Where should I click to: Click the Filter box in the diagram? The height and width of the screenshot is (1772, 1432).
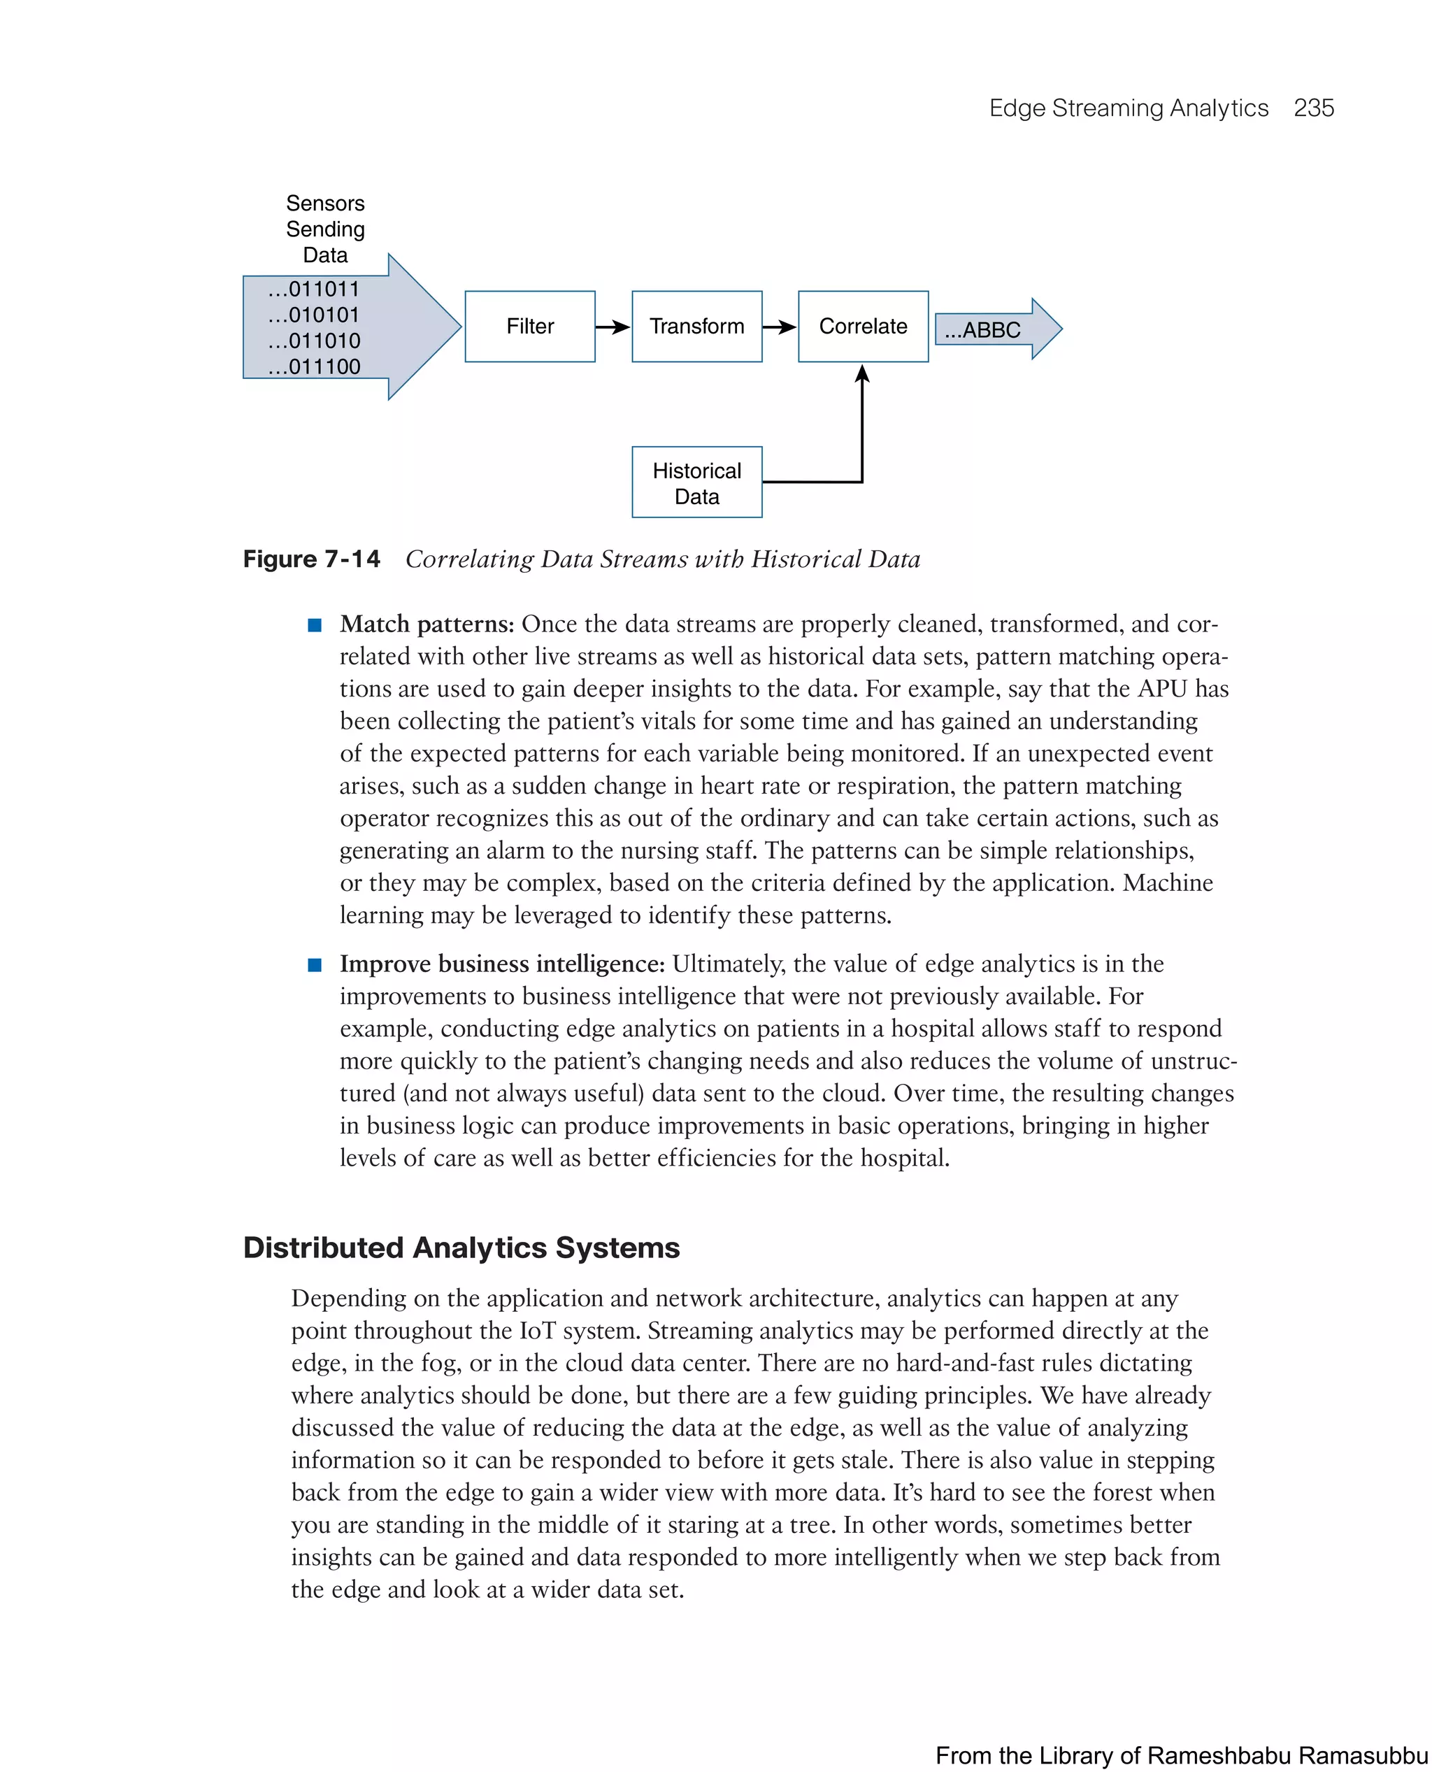[x=529, y=327]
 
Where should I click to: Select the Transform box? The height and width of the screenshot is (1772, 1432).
[x=696, y=327]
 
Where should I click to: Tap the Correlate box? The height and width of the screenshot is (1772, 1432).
[x=863, y=327]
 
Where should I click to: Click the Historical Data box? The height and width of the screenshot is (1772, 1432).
[x=696, y=483]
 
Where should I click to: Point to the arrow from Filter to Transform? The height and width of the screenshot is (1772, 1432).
[x=613, y=327]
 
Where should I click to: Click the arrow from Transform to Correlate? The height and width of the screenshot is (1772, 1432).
[x=780, y=327]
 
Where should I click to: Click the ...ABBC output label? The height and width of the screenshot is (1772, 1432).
[x=982, y=330]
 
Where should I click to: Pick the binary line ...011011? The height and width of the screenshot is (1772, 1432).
[x=313, y=290]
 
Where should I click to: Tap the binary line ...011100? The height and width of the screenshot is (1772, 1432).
[x=313, y=367]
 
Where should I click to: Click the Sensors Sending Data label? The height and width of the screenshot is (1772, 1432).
[x=325, y=229]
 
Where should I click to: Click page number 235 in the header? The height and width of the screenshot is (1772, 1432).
[x=1313, y=108]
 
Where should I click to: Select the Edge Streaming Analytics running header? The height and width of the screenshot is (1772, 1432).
[x=1128, y=108]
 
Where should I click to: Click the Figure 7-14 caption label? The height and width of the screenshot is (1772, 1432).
[x=311, y=559]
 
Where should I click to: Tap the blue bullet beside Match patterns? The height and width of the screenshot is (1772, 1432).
[x=314, y=625]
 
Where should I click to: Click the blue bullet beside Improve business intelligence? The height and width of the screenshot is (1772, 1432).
[x=314, y=965]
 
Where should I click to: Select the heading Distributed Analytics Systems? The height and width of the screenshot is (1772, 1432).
[x=461, y=1248]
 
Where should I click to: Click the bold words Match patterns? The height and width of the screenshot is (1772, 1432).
[x=427, y=624]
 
